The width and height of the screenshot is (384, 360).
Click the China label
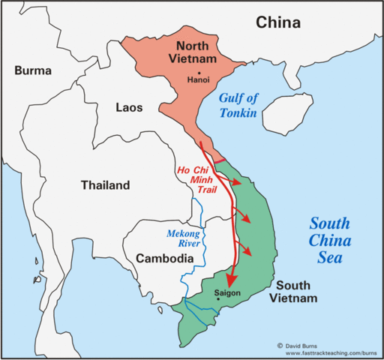[278, 22]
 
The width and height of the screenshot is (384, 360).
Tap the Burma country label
[32, 71]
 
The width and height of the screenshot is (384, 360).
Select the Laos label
[128, 107]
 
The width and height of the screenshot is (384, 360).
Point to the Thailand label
[105, 185]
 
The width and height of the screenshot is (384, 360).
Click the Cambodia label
[166, 258]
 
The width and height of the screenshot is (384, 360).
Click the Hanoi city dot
[199, 70]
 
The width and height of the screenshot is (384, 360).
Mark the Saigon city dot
[217, 300]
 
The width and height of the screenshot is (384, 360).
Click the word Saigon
[227, 292]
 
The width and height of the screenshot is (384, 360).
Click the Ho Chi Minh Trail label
[196, 179]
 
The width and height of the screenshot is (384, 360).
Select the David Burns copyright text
[302, 344]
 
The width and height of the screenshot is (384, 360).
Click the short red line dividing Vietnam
[220, 160]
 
